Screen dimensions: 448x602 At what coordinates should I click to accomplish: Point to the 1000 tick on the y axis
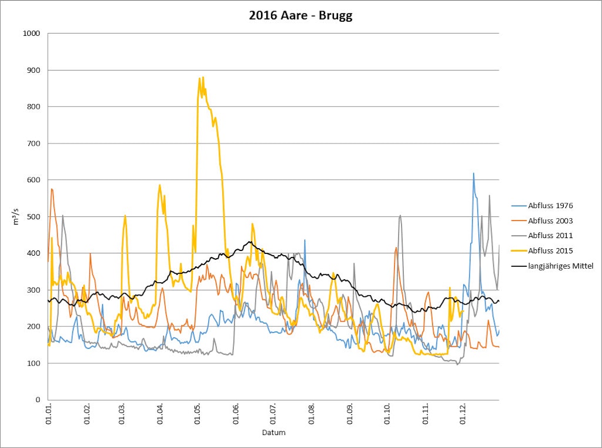(x=31, y=34)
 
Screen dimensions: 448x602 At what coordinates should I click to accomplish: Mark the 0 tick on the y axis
(x=37, y=400)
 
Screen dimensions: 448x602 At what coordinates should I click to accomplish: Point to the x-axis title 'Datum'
(x=273, y=433)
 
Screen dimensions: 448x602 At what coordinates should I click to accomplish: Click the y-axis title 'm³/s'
(x=16, y=216)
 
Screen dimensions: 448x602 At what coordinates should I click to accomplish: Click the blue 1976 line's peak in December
(x=473, y=173)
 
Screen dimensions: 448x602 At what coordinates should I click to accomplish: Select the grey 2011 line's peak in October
(x=400, y=215)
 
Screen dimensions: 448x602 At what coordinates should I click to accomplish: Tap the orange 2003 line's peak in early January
(x=52, y=189)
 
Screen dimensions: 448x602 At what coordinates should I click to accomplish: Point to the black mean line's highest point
(x=250, y=242)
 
